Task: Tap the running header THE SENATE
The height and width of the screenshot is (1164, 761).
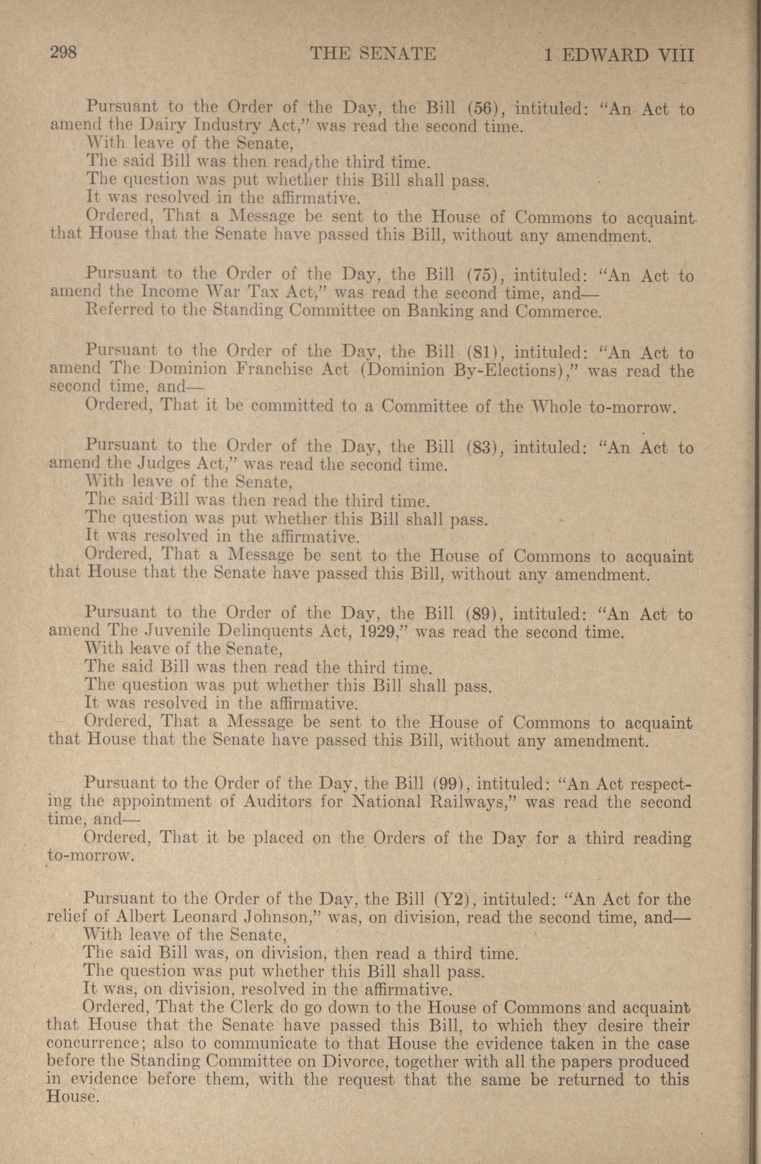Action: coord(373,53)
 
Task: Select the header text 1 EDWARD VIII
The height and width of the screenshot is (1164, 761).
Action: coord(619,55)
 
